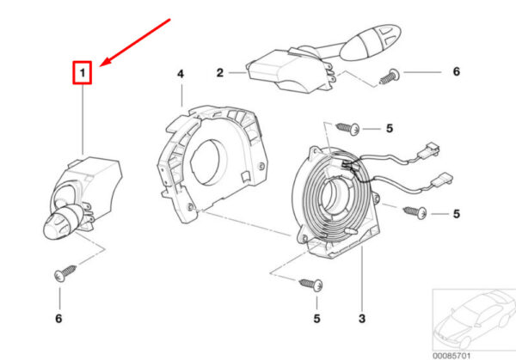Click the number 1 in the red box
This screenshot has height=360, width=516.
(83, 72)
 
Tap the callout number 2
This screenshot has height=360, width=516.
(220, 73)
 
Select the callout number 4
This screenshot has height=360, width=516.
(181, 74)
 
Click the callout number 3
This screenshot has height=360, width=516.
(362, 318)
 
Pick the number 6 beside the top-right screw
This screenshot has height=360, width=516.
(456, 71)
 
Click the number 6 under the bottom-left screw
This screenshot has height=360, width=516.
(58, 318)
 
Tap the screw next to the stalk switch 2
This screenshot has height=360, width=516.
(390, 76)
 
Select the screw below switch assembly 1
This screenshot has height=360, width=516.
(65, 273)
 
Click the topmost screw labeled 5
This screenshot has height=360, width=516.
(347, 128)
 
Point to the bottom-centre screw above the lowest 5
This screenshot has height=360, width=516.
(311, 284)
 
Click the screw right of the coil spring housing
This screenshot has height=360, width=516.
(415, 212)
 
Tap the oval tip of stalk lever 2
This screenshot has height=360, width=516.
(370, 42)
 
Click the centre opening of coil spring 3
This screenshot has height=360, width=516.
(332, 197)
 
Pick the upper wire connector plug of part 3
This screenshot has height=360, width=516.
(429, 150)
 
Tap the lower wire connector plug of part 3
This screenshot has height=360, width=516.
(441, 180)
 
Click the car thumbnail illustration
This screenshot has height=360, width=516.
(474, 320)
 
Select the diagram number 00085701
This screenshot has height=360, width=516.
(451, 356)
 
